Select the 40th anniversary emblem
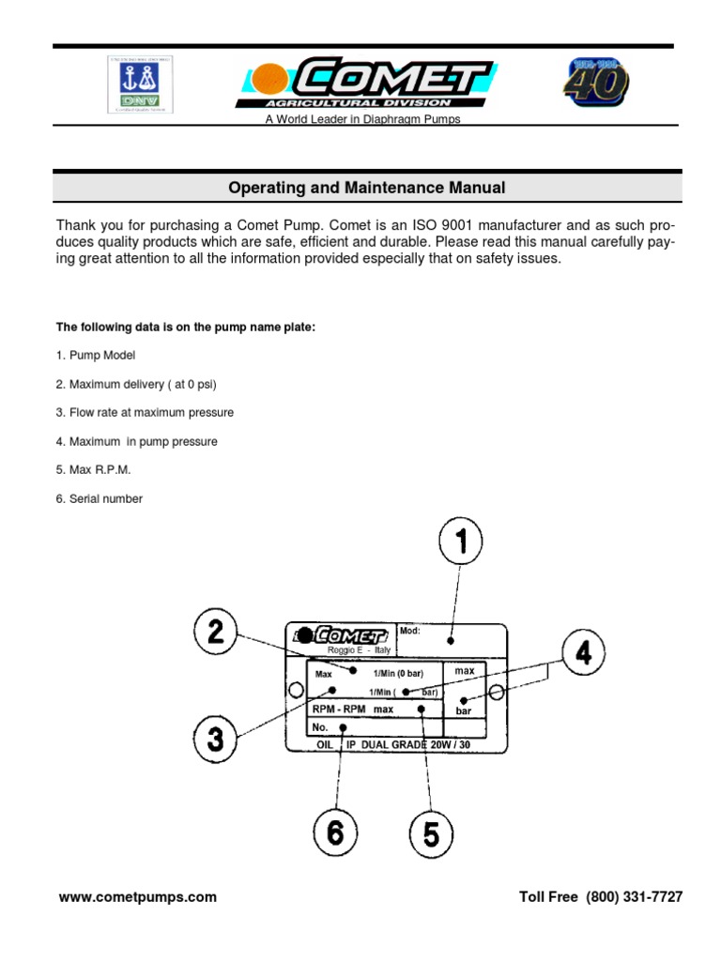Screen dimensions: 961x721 (x=596, y=84)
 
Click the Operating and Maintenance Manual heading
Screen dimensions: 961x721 (x=367, y=188)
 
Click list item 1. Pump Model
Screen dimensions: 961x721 (x=95, y=356)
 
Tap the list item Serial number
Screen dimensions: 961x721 (x=99, y=499)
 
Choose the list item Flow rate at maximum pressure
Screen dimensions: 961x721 (x=145, y=413)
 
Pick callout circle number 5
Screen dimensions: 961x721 (x=431, y=834)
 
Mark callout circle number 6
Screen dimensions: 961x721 (x=335, y=833)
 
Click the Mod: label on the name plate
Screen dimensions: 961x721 (x=410, y=631)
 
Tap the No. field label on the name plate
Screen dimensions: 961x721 (x=320, y=727)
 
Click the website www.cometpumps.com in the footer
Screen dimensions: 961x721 (x=137, y=897)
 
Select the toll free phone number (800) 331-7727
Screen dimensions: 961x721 (x=635, y=897)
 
